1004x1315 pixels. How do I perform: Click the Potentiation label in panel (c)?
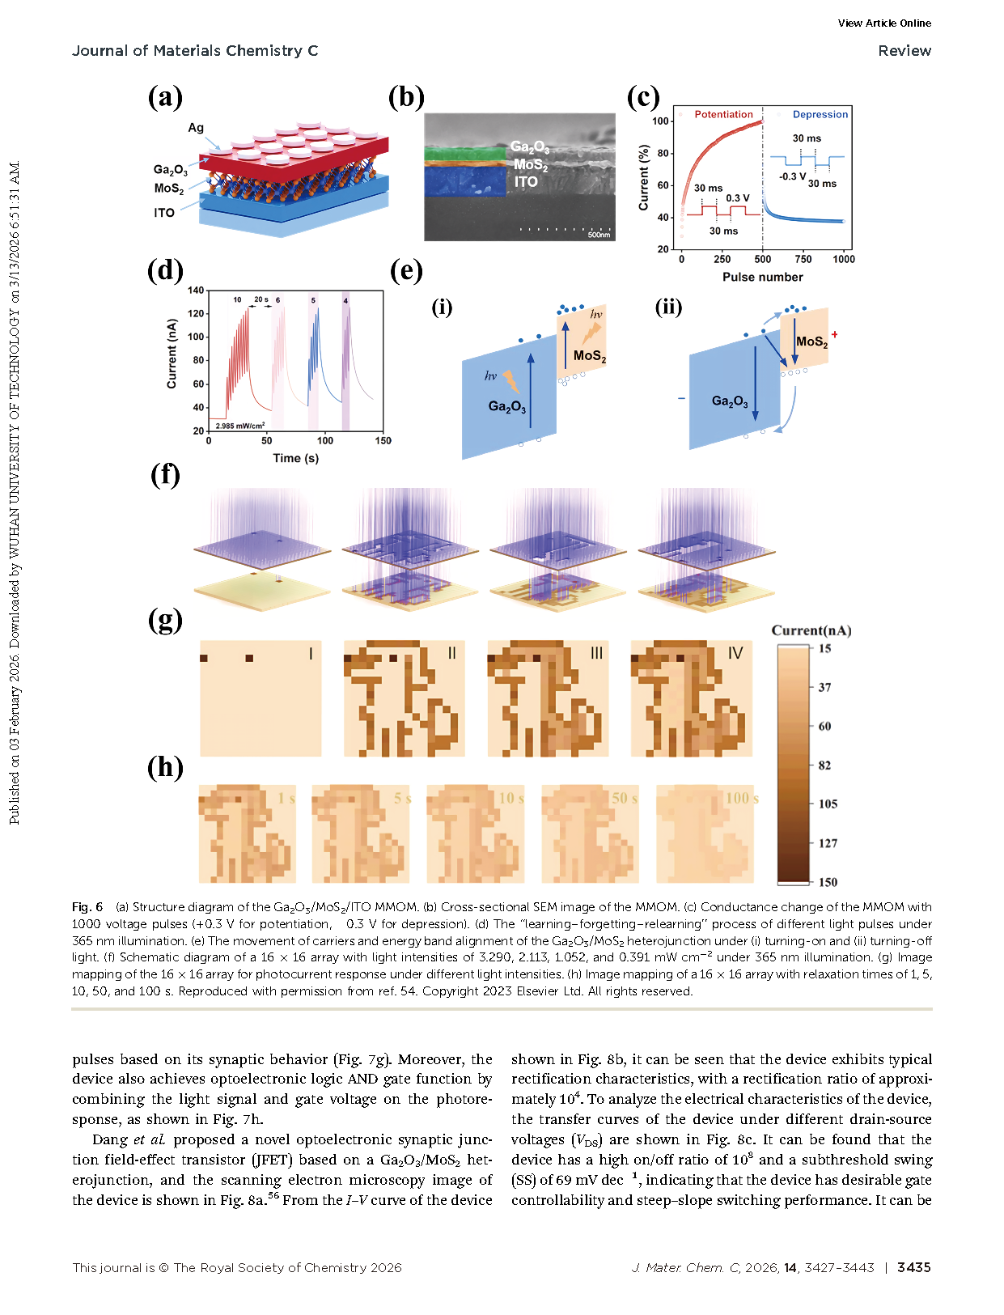pos(723,115)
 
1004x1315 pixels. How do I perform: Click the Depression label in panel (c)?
pos(820,115)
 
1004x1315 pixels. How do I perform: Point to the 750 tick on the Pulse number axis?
pos(803,260)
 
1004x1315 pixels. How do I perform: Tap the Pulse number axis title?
pos(762,278)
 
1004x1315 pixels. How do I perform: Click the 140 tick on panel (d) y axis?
pos(196,291)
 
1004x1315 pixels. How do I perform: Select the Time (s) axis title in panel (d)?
pos(295,458)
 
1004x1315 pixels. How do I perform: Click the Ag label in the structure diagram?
pos(196,128)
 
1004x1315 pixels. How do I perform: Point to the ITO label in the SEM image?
pos(526,182)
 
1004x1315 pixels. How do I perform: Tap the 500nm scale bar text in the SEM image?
pos(599,235)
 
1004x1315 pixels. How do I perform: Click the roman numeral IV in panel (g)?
pos(735,653)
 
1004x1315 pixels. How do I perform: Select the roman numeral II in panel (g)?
pos(451,653)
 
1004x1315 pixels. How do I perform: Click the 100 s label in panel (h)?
pos(741,799)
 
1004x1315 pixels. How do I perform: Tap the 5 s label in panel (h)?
pos(402,799)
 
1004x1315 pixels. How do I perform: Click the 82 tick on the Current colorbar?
pos(824,766)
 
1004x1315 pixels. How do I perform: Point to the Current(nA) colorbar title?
pos(811,631)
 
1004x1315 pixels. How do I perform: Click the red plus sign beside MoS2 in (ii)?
pos(834,335)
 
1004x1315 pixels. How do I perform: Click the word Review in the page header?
pos(904,51)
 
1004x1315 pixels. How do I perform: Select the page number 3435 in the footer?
pos(913,1268)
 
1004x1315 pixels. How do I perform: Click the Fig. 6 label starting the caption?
pos(87,907)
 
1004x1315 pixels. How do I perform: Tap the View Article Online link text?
pos(884,23)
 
